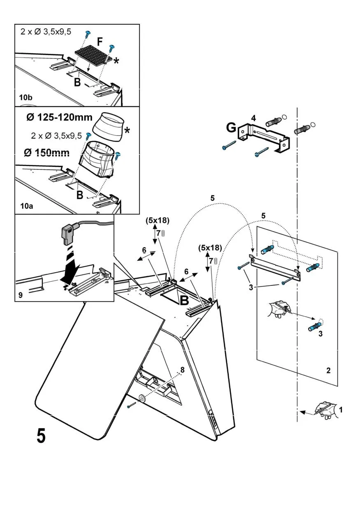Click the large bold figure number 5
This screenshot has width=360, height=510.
point(41,436)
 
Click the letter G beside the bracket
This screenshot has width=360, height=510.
point(231,128)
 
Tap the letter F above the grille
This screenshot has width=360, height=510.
point(100,42)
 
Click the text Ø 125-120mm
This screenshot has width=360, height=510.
point(59,117)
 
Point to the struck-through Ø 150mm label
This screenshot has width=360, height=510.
point(46,153)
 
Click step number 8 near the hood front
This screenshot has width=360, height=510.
point(182,369)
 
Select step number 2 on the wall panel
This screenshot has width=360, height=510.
point(328,371)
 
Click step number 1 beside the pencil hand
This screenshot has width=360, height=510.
point(340,410)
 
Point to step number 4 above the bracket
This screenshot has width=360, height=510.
point(254,118)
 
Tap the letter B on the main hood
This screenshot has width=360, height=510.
point(184,301)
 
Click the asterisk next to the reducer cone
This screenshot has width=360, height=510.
point(127,131)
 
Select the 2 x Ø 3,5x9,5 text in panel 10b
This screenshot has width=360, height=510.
point(45,31)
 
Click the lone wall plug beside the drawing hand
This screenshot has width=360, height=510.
point(315,328)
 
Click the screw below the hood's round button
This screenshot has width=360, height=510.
point(131,406)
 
